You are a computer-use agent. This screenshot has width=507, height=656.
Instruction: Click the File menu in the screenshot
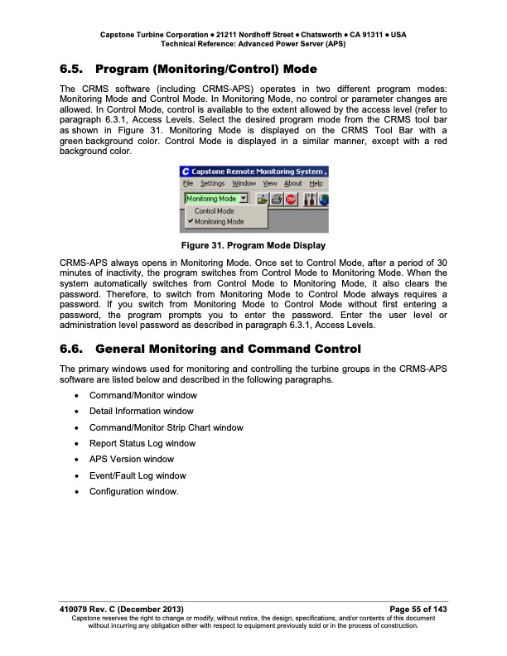click(x=187, y=183)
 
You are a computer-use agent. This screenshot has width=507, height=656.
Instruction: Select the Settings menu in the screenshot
click(x=213, y=183)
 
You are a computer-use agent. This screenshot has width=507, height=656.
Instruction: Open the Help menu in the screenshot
click(x=316, y=183)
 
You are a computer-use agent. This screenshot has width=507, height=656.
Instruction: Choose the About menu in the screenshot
click(x=293, y=183)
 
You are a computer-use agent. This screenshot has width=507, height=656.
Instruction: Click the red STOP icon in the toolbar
click(x=291, y=199)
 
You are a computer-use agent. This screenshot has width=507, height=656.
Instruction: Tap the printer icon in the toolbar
click(x=276, y=199)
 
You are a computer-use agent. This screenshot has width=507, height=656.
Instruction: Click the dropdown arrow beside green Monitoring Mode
click(x=243, y=199)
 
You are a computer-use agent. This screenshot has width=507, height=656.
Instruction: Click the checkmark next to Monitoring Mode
click(x=190, y=221)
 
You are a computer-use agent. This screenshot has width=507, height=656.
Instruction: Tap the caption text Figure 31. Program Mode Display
click(x=254, y=246)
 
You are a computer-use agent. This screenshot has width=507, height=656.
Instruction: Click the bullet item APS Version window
click(x=131, y=460)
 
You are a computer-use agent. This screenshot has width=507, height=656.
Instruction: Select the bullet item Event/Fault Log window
click(x=138, y=475)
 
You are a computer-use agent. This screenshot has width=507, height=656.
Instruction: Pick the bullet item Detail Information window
click(x=141, y=412)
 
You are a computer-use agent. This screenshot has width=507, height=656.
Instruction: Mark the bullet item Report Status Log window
click(x=142, y=444)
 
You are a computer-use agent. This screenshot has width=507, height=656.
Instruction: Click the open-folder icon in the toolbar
click(x=261, y=199)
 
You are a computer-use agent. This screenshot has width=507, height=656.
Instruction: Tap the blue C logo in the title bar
click(x=186, y=171)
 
